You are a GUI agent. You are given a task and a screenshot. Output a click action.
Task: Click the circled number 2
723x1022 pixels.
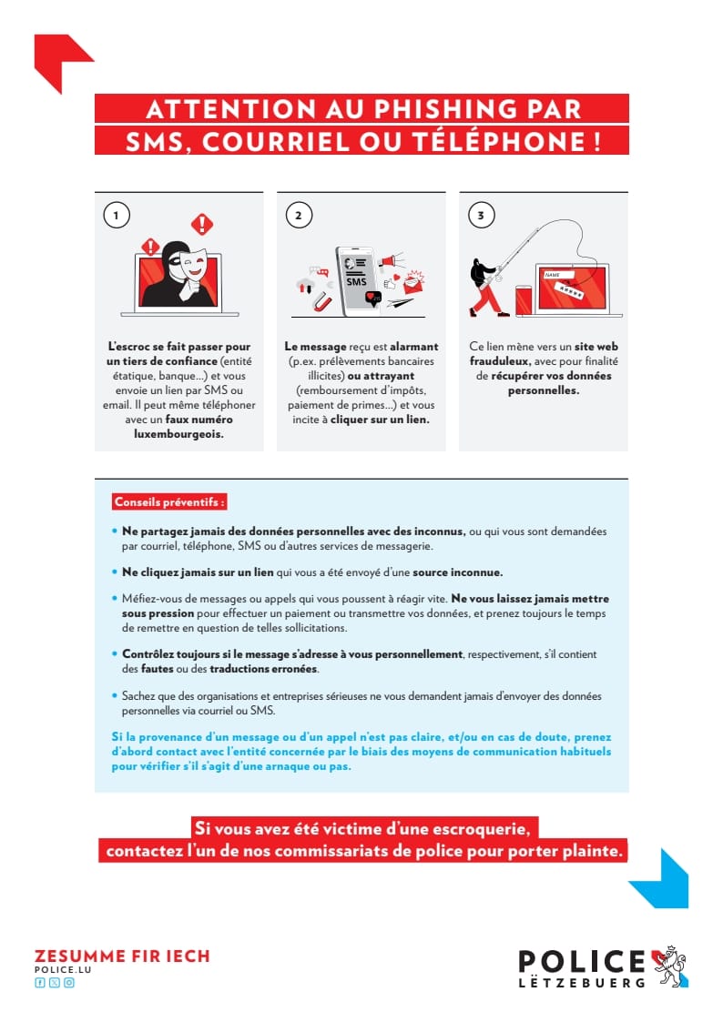pyautogui.click(x=298, y=215)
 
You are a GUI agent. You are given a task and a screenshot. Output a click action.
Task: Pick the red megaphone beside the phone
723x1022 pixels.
pyautogui.click(x=392, y=262)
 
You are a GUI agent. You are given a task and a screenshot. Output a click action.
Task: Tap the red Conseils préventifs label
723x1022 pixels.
pyautogui.click(x=168, y=501)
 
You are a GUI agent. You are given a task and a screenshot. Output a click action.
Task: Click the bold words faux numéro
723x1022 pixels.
pyautogui.click(x=199, y=420)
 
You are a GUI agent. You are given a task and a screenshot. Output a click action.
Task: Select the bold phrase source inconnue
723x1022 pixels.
pyautogui.click(x=457, y=572)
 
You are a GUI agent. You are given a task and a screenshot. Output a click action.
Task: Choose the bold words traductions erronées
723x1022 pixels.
pyautogui.click(x=264, y=669)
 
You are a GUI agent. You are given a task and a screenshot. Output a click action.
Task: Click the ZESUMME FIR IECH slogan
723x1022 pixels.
pyautogui.click(x=122, y=956)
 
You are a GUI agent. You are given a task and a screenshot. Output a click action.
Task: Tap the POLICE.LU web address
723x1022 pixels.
pyautogui.click(x=63, y=970)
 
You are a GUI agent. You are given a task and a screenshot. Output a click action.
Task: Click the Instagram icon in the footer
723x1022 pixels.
pyautogui.click(x=69, y=983)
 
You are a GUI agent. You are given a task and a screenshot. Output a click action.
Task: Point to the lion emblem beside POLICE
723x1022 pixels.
pyautogui.click(x=671, y=966)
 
